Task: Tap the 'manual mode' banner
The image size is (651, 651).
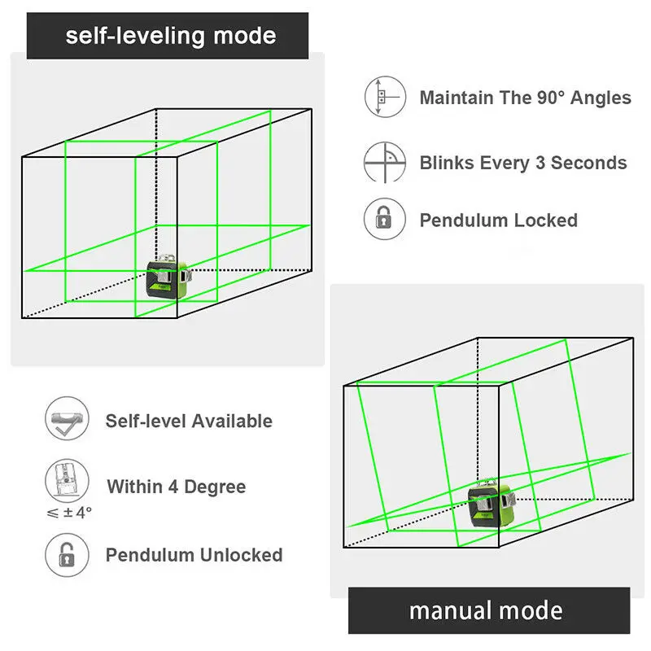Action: pyautogui.click(x=486, y=610)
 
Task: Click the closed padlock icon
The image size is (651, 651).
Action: pyautogui.click(x=384, y=220)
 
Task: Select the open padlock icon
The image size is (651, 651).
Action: pyautogui.click(x=65, y=555)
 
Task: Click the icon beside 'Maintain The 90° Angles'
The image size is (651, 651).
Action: pyautogui.click(x=384, y=98)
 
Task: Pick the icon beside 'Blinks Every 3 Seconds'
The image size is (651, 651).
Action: pyautogui.click(x=384, y=161)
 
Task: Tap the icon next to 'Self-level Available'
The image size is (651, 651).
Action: pyautogui.click(x=65, y=420)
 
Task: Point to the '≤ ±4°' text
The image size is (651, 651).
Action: pyautogui.click(x=68, y=513)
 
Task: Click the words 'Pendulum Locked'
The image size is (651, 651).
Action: pyautogui.click(x=498, y=221)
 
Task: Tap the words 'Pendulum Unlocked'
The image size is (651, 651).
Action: pyautogui.click(x=194, y=555)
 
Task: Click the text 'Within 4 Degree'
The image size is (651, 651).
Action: pyautogui.click(x=176, y=487)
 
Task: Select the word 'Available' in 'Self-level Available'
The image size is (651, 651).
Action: pyautogui.click(x=233, y=421)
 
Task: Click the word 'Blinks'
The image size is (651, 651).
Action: pyautogui.click(x=446, y=162)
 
